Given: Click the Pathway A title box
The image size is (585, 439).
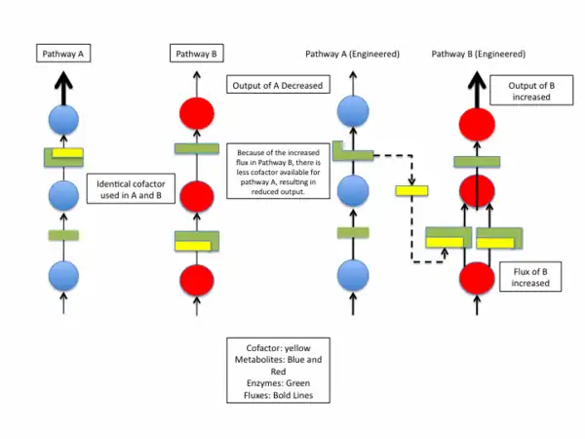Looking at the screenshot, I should coord(64,54).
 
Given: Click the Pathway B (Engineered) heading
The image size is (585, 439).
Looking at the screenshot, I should coord(479,54).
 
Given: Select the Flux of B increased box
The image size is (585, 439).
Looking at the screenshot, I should coord(529,276).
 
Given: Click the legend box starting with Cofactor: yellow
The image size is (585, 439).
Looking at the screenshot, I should coord(277,370).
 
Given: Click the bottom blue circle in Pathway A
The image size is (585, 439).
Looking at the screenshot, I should coord(63,277).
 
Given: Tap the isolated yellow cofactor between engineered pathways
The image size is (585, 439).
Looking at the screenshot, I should coord(410,189).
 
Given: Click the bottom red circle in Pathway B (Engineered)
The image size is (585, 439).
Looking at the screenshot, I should coord(478,277).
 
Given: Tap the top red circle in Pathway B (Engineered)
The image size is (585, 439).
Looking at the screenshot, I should coord(478,126).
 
